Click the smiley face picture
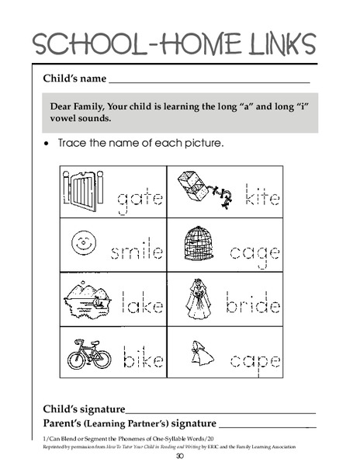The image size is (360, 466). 81,242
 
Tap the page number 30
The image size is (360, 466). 179,456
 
